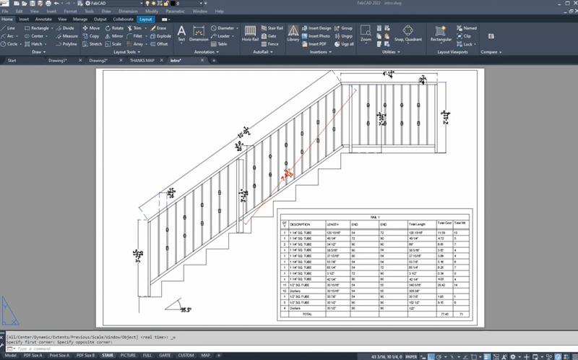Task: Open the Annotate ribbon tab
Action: [43, 19]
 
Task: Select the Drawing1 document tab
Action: [57, 61]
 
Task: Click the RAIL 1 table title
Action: [373, 215]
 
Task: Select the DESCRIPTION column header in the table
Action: [300, 224]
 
